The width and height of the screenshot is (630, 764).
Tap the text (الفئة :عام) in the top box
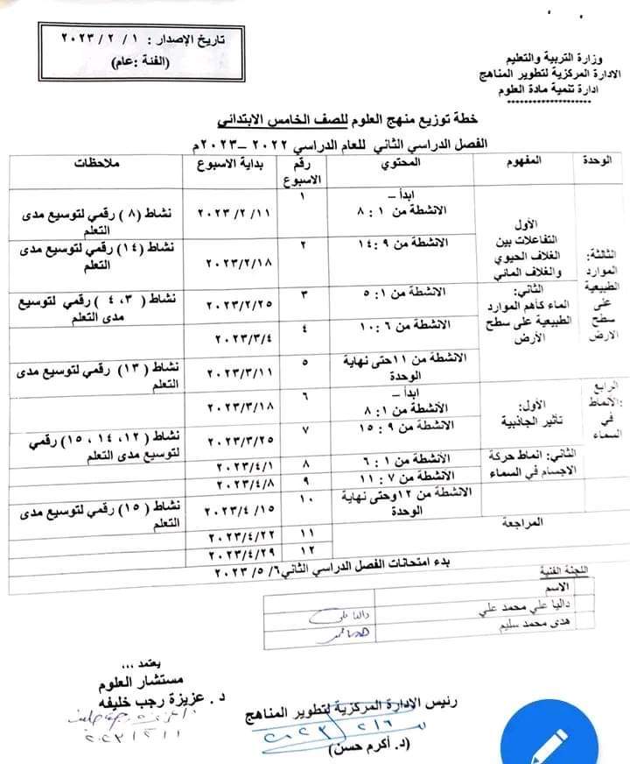tap(140, 62)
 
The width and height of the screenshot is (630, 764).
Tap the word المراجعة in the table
tap(524, 522)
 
